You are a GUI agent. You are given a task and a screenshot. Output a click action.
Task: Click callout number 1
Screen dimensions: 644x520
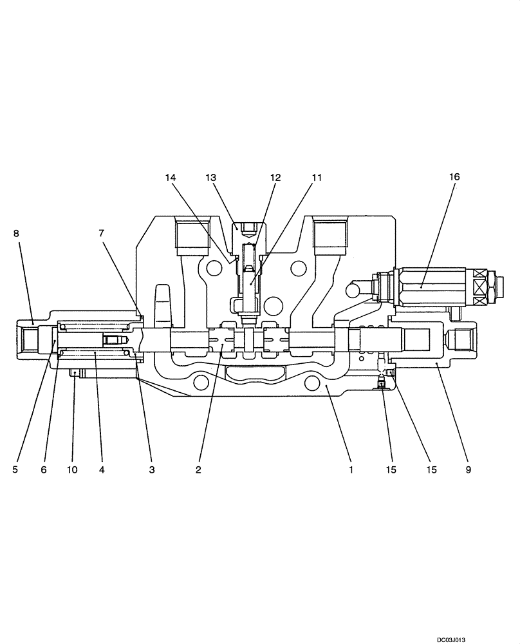click(351, 470)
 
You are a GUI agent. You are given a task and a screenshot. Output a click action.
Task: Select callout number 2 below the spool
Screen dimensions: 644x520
click(198, 470)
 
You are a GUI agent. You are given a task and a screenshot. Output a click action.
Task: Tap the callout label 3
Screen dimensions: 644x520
click(152, 470)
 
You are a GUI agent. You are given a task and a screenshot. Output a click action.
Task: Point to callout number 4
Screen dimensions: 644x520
click(101, 470)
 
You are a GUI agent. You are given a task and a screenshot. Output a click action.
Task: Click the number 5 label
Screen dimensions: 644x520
click(15, 470)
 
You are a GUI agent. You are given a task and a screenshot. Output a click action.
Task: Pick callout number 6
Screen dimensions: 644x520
click(44, 470)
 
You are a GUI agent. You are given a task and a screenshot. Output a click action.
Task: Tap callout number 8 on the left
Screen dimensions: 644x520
click(16, 234)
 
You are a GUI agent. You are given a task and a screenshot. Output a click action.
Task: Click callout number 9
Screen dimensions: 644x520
click(468, 470)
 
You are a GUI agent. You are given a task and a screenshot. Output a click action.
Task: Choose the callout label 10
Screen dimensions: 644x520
click(72, 470)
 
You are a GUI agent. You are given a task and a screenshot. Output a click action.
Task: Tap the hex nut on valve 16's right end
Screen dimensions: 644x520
click(493, 284)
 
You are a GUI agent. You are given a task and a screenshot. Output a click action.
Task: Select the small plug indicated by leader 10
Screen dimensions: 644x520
click(76, 373)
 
